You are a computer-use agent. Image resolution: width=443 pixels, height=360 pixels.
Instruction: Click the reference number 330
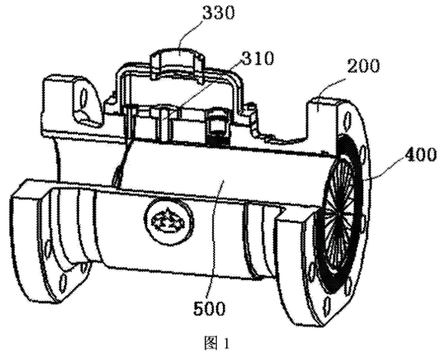pyautogui.click(x=218, y=13)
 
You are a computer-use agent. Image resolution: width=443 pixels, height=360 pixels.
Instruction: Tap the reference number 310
pyautogui.click(x=257, y=59)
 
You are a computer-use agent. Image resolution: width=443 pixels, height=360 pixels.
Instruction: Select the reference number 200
pyautogui.click(x=363, y=67)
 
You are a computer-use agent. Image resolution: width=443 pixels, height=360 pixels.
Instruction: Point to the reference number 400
pyautogui.click(x=420, y=155)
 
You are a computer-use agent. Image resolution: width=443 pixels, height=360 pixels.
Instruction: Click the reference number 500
pyautogui.click(x=209, y=308)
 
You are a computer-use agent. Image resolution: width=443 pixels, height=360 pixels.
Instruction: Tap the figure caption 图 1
pyautogui.click(x=217, y=344)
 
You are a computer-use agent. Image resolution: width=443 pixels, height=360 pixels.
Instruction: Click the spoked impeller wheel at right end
pyautogui.click(x=338, y=214)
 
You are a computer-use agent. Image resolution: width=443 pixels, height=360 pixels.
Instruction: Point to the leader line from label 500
pyautogui.click(x=215, y=237)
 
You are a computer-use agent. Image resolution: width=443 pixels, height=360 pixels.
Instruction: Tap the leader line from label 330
pyautogui.click(x=191, y=33)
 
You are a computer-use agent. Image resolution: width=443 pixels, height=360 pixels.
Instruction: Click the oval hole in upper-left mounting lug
pyautogui.click(x=84, y=99)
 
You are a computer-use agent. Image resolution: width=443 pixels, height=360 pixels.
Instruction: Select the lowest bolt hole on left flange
pyautogui.click(x=63, y=283)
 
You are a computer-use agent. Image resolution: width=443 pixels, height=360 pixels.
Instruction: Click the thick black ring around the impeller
pyautogui.click(x=343, y=214)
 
